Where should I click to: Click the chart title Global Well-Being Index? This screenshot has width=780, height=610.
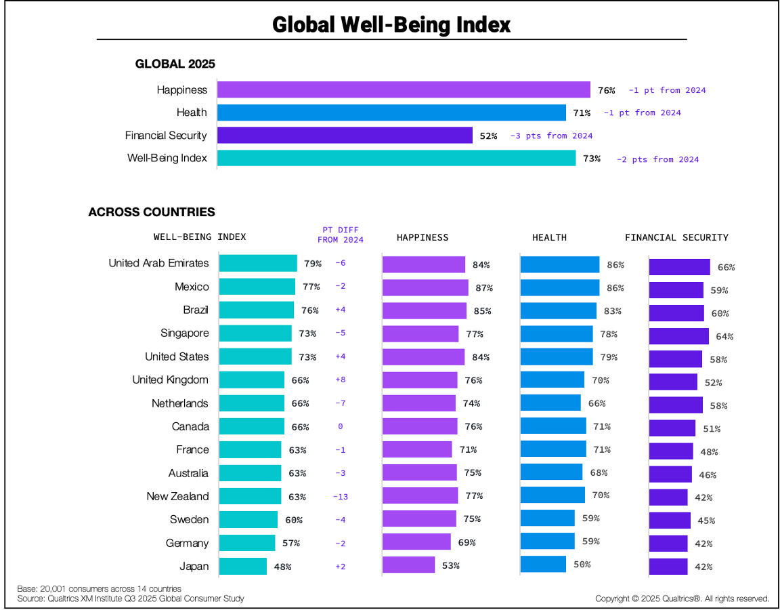coord(391,25)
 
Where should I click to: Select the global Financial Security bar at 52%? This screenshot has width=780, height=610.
coord(345,136)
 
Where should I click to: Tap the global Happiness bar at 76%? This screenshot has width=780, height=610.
coord(404,90)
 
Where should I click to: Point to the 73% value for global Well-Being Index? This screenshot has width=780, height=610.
coord(592,159)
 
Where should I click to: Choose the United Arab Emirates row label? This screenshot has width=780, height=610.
coord(158,263)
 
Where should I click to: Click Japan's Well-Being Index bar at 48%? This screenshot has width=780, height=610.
coord(243,567)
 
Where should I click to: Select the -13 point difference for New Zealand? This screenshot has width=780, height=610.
coord(340,497)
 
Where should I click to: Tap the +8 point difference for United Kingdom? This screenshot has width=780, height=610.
coord(340,380)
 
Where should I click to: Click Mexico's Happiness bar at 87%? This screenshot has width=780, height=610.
coord(425,287)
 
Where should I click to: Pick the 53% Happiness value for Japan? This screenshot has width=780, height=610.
coord(450,566)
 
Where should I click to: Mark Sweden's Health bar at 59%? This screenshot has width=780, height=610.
coord(547,519)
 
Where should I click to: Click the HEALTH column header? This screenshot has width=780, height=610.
coord(549,238)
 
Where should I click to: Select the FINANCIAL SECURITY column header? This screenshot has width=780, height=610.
coord(676,238)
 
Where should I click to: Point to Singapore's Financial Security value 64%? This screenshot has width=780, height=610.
coord(725,337)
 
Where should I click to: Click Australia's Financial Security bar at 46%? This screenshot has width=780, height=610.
coord(670,474)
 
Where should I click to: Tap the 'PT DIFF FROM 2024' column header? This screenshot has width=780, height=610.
coord(340,235)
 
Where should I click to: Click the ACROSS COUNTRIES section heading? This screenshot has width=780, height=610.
coord(152,212)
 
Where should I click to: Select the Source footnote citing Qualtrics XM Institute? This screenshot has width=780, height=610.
coord(130,598)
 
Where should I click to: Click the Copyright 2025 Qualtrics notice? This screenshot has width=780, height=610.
coord(682,598)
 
